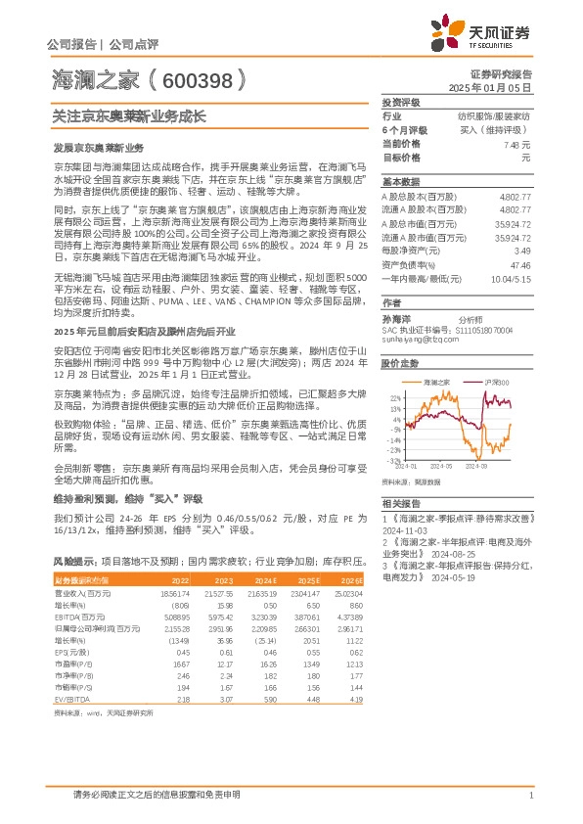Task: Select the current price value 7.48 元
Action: click(x=516, y=143)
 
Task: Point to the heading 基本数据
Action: click(x=400, y=182)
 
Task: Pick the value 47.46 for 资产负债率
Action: click(x=520, y=264)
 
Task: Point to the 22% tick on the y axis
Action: click(x=395, y=398)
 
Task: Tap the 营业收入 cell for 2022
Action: click(x=174, y=593)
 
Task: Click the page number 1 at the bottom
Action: click(x=529, y=794)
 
